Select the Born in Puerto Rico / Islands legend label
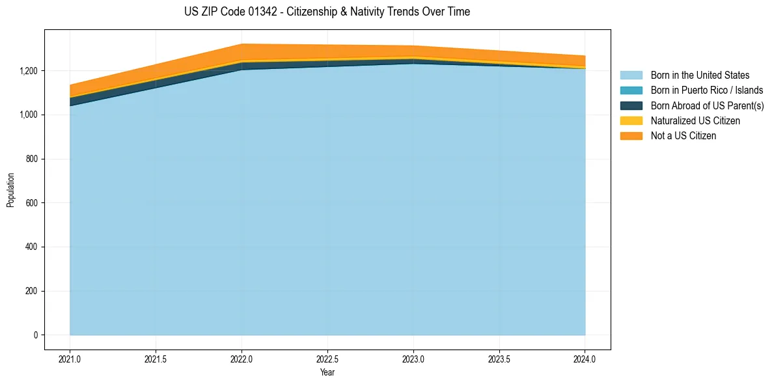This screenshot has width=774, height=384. pyautogui.click(x=707, y=90)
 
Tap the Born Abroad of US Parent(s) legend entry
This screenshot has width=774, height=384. pyautogui.click(x=708, y=105)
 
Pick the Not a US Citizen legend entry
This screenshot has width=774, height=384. pyautogui.click(x=683, y=136)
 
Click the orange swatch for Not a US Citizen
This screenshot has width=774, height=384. pyautogui.click(x=631, y=136)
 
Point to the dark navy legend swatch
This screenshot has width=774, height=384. pyautogui.click(x=631, y=105)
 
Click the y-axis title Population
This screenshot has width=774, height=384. pyautogui.click(x=10, y=190)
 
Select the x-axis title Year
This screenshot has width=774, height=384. pyautogui.click(x=327, y=372)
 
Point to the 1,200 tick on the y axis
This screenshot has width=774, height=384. pyautogui.click(x=29, y=71)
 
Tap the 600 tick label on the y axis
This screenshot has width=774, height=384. pyautogui.click(x=33, y=203)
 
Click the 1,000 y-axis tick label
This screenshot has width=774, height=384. pyautogui.click(x=29, y=115)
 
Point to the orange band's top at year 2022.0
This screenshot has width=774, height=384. pyautogui.click(x=242, y=44)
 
